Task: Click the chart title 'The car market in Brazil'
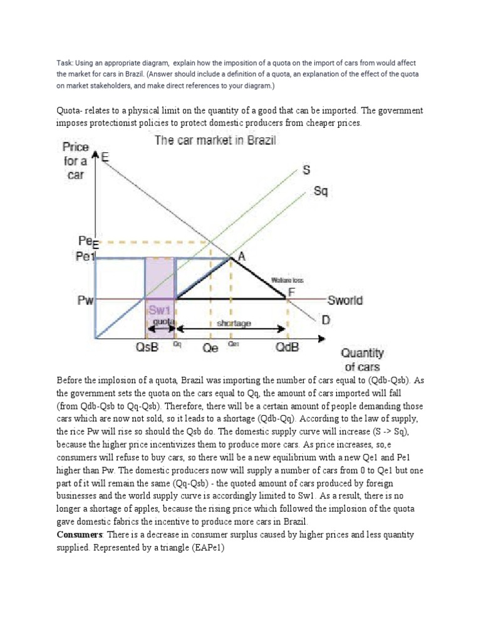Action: [215, 140]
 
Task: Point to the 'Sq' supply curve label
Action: [320, 191]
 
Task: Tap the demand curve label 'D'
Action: [326, 320]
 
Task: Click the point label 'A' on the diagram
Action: [241, 256]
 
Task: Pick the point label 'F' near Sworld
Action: [292, 291]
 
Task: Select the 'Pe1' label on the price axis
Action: [85, 257]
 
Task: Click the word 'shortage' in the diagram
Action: [233, 323]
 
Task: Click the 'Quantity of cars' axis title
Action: [363, 360]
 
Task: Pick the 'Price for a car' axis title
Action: [75, 160]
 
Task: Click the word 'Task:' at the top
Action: [66, 63]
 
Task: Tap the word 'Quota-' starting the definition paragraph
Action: [72, 111]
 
